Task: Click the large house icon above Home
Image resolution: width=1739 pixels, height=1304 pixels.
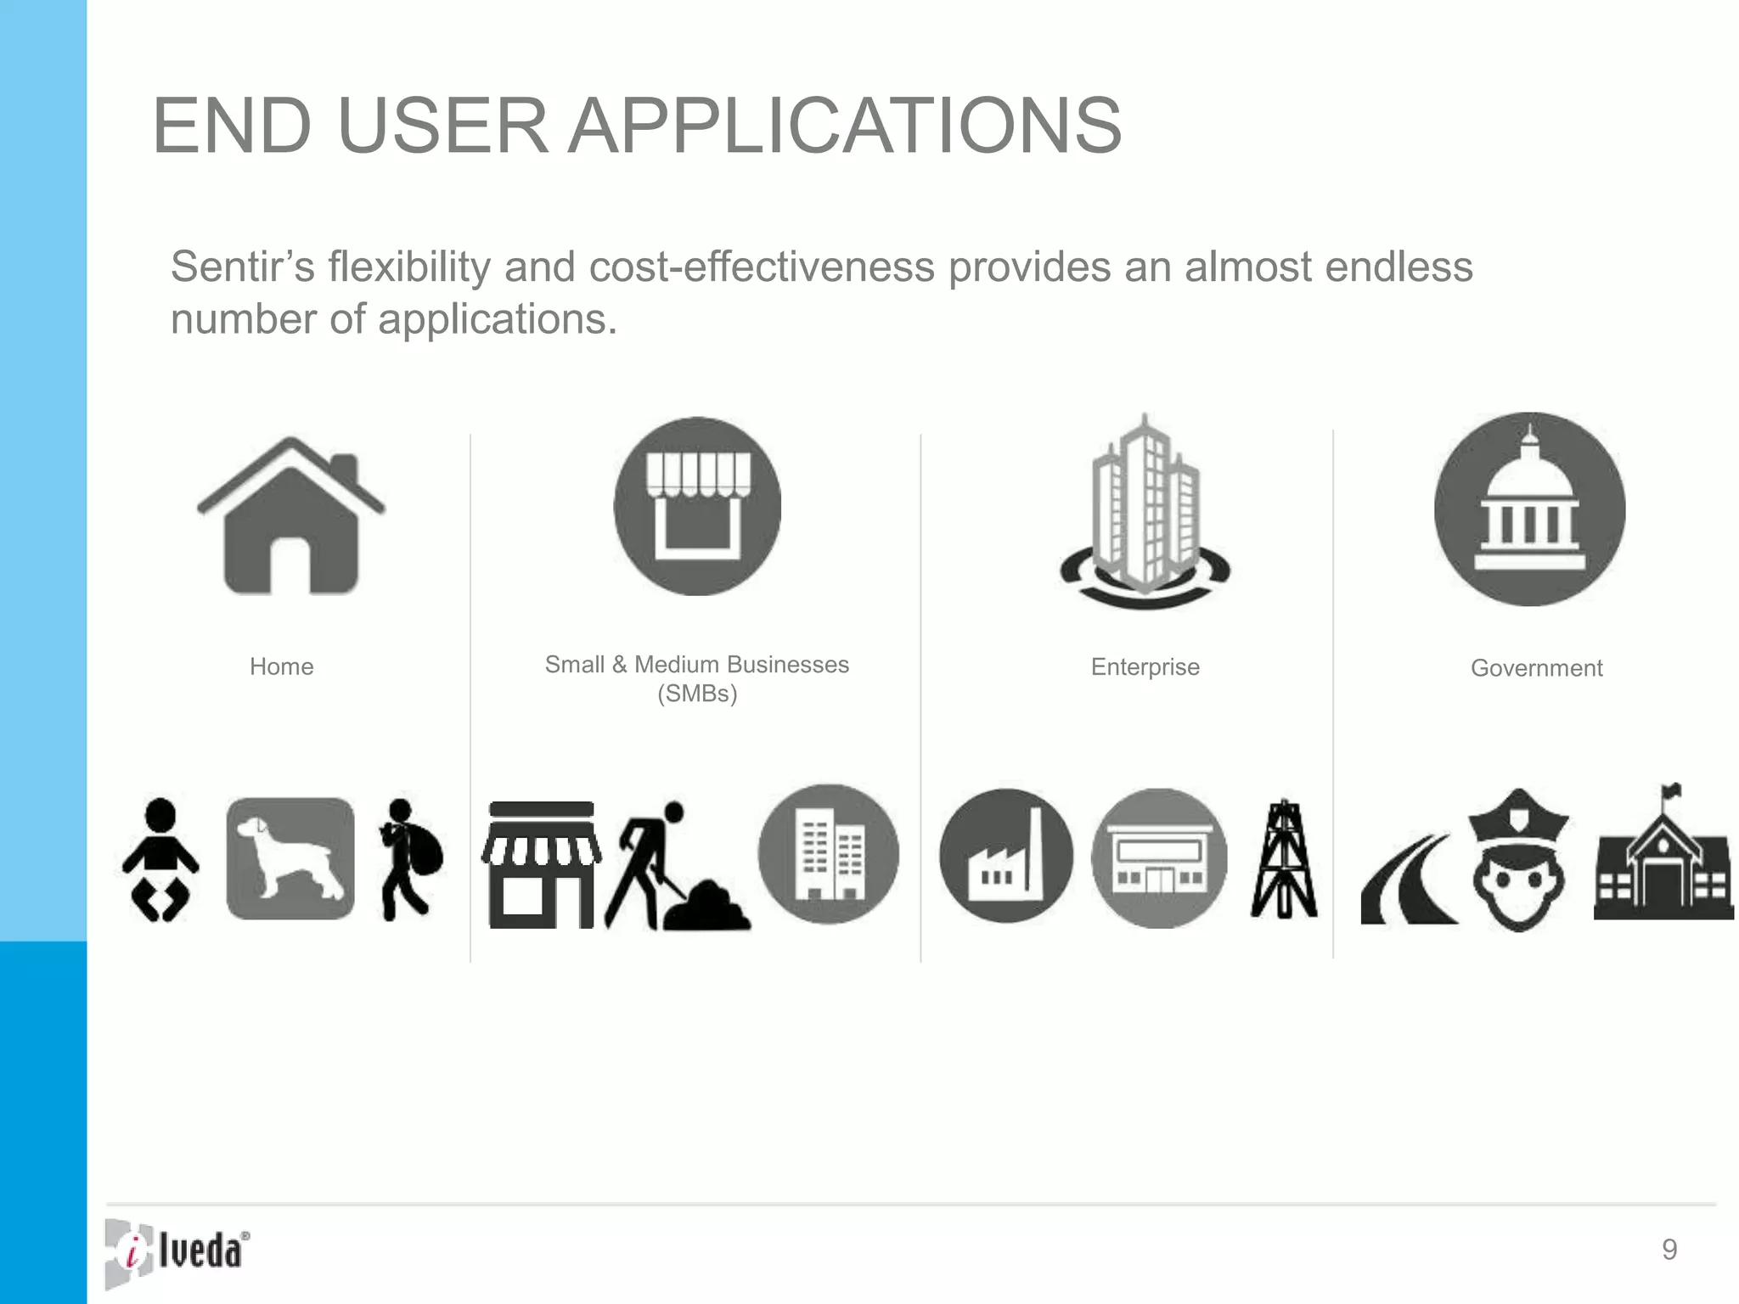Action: [290, 518]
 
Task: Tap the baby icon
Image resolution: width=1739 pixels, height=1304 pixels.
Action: [160, 859]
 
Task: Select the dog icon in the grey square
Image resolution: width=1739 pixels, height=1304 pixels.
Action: [290, 857]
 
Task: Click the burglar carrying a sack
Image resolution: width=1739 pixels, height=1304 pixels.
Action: [410, 859]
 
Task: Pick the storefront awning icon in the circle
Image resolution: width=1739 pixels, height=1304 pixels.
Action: [697, 506]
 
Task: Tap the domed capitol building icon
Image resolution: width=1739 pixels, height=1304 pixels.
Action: [1529, 509]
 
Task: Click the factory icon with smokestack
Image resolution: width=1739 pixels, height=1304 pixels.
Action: [1006, 856]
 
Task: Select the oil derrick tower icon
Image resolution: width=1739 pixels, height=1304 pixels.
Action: [1284, 859]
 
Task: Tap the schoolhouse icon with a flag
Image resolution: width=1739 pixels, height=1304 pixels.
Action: [1663, 857]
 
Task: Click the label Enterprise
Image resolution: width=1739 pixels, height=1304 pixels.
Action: [1145, 667]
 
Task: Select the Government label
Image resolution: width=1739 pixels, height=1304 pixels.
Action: [1536, 668]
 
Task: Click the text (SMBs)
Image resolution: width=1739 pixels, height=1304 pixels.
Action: [697, 694]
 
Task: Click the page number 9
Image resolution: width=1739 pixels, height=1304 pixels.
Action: [1669, 1250]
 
